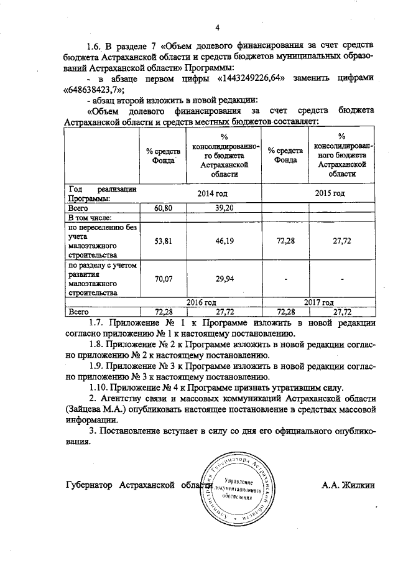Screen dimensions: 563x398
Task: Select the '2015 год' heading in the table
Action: point(330,193)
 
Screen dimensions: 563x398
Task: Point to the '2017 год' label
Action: point(320,302)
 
